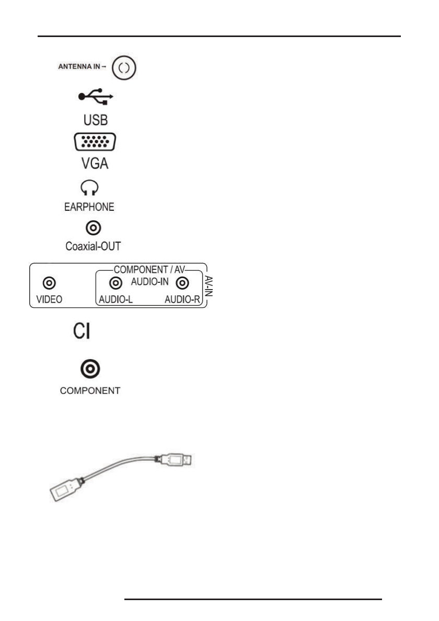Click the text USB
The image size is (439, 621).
96,120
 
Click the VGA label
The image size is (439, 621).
95,164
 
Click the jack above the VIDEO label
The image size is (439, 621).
50,283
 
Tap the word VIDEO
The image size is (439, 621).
50,300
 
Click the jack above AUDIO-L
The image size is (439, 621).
116,283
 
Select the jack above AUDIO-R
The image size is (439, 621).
182,283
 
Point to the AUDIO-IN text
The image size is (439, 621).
149,282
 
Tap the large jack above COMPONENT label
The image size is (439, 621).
90,369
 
